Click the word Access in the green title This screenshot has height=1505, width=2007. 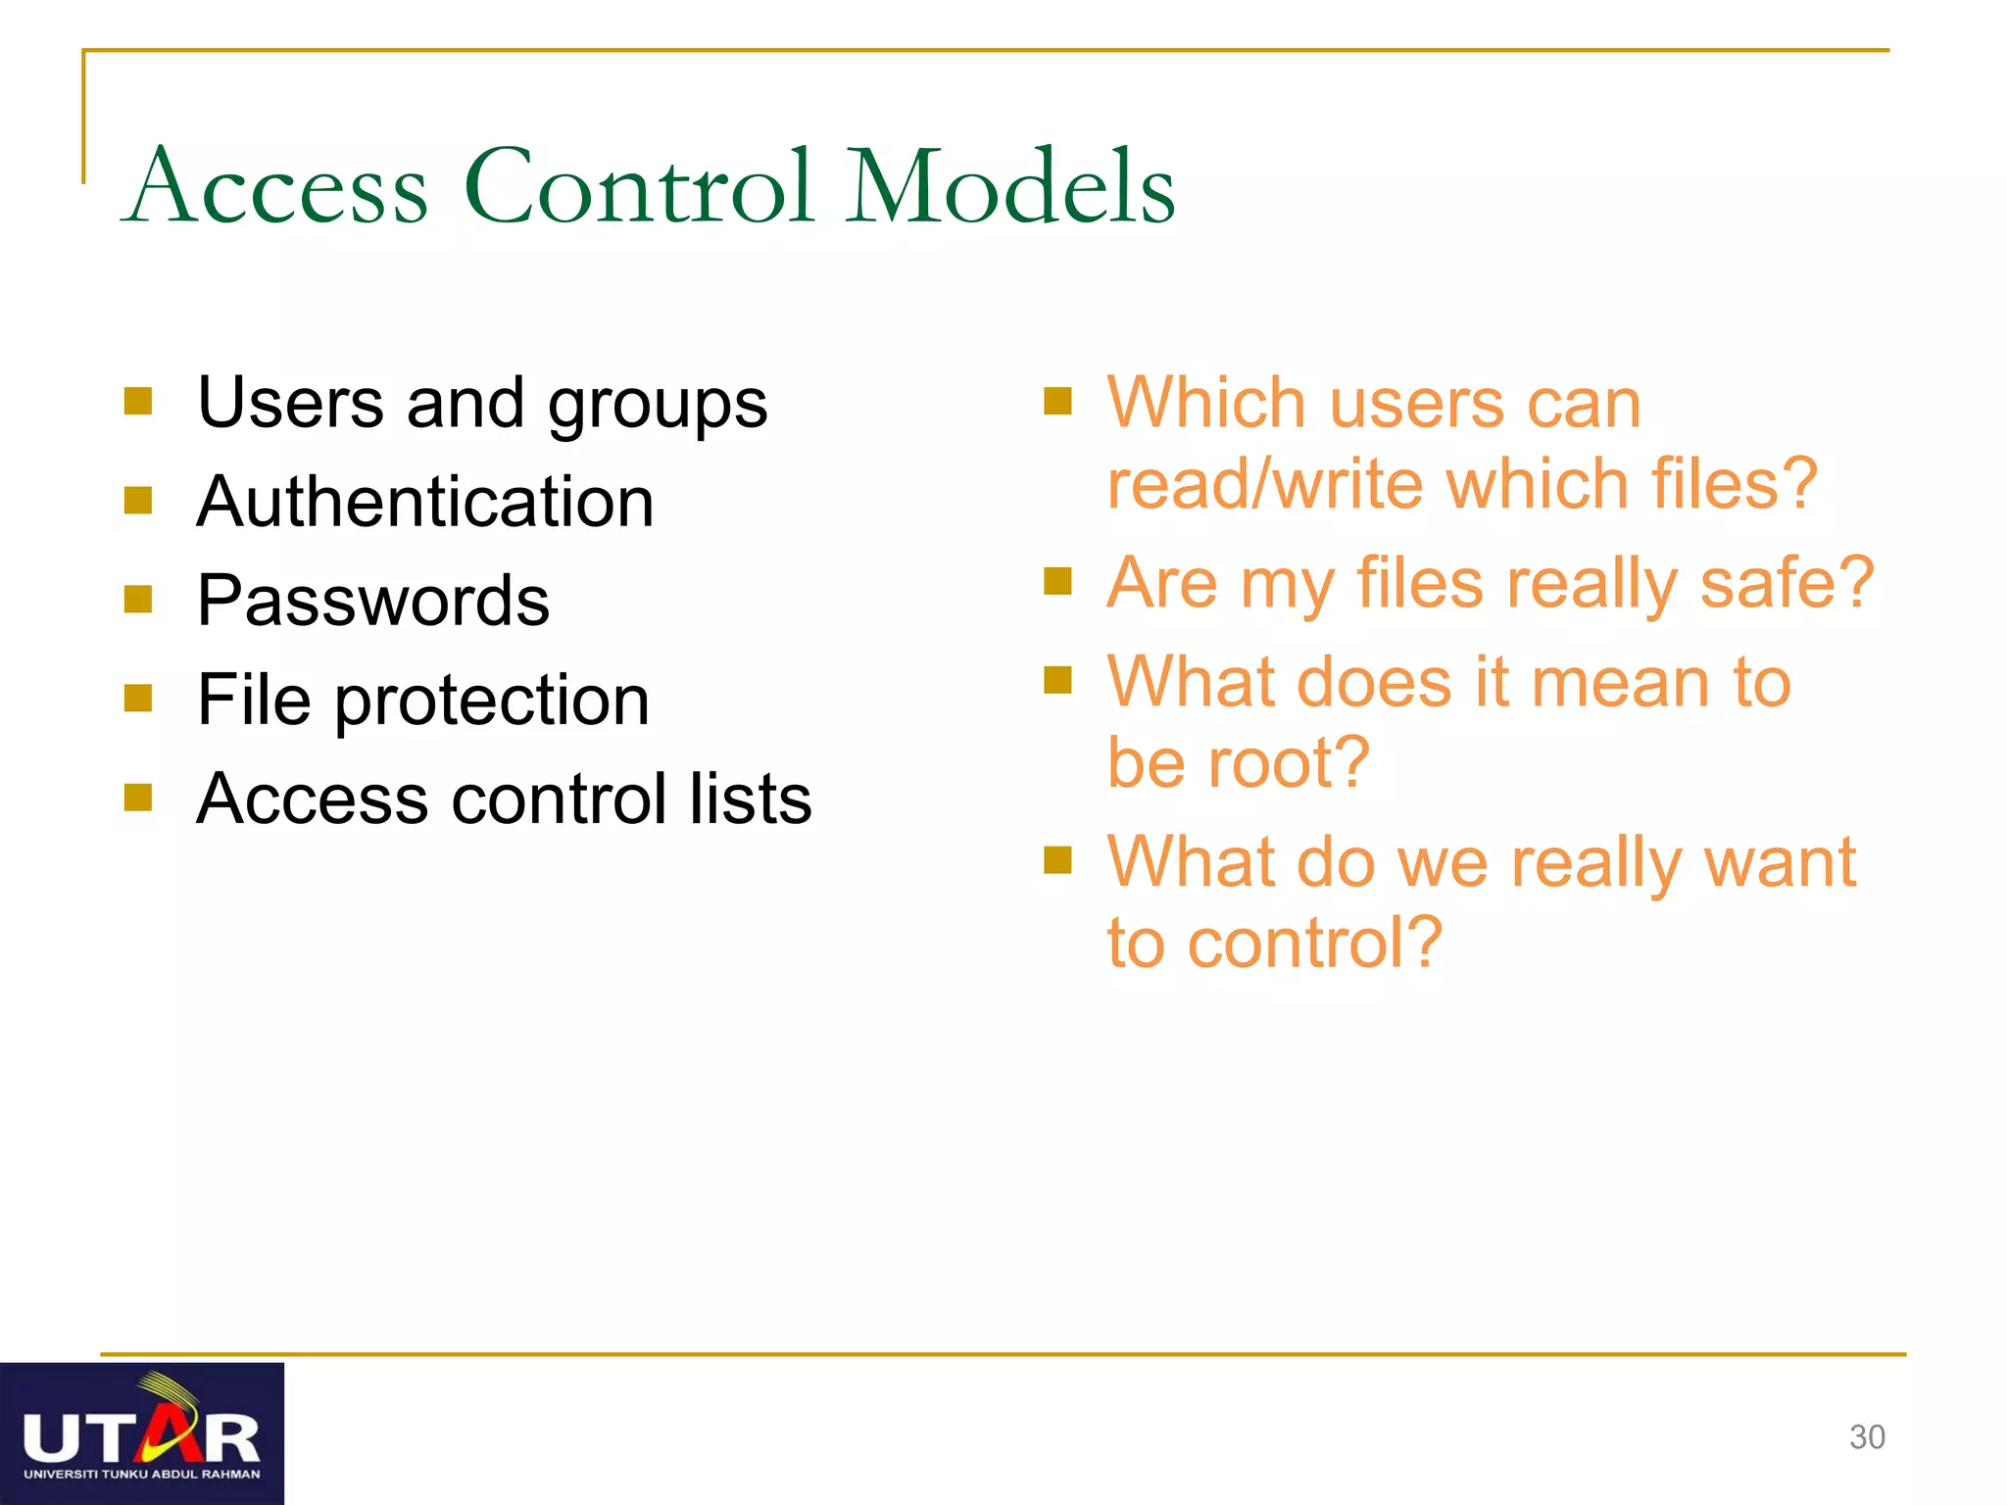(x=277, y=186)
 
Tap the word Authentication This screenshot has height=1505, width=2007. (x=424, y=502)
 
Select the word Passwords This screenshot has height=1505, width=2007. (x=372, y=601)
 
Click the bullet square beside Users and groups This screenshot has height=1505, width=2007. (x=138, y=402)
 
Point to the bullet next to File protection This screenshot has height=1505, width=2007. (x=138, y=699)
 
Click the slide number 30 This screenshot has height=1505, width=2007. (x=1867, y=1437)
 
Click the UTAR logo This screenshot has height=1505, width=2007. (x=142, y=1433)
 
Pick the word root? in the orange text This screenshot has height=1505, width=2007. (x=1288, y=762)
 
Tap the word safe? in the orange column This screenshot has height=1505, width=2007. (x=1787, y=583)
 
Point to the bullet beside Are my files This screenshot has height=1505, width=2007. (x=1057, y=582)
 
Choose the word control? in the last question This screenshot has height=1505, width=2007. (x=1314, y=944)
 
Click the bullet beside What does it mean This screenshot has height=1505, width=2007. (x=1057, y=680)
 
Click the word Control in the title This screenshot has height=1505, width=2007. (x=639, y=186)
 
